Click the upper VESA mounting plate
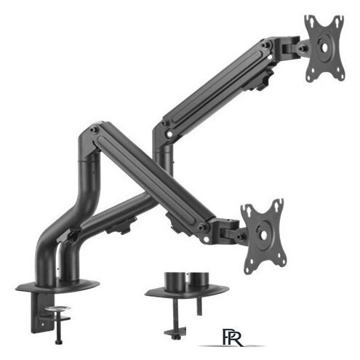tap(324, 49)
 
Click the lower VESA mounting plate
tap(264, 236)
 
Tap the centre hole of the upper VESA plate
tap(324, 47)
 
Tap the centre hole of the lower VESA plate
tap(263, 235)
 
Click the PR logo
tap(233, 337)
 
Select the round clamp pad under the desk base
tap(58, 308)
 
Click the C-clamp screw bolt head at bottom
tap(58, 342)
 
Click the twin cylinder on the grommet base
tap(186, 279)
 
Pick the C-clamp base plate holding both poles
tap(57, 286)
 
